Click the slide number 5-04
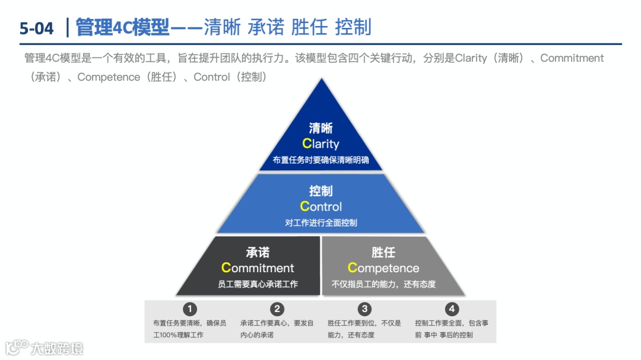point(36,28)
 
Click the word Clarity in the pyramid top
point(320,144)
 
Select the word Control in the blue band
point(320,206)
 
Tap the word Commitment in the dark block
point(258,268)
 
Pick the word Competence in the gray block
point(383,268)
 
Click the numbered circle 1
point(189,309)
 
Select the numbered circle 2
point(277,309)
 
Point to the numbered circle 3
point(364,309)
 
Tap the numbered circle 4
point(452,309)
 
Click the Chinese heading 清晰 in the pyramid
point(320,128)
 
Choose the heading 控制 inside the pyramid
point(320,191)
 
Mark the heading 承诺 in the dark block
point(258,253)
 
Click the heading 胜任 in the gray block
point(383,253)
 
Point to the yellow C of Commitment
point(226,268)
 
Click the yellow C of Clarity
point(306,144)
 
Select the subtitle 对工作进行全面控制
point(320,223)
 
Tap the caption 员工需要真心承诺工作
point(258,284)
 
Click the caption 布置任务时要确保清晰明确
point(320,160)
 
